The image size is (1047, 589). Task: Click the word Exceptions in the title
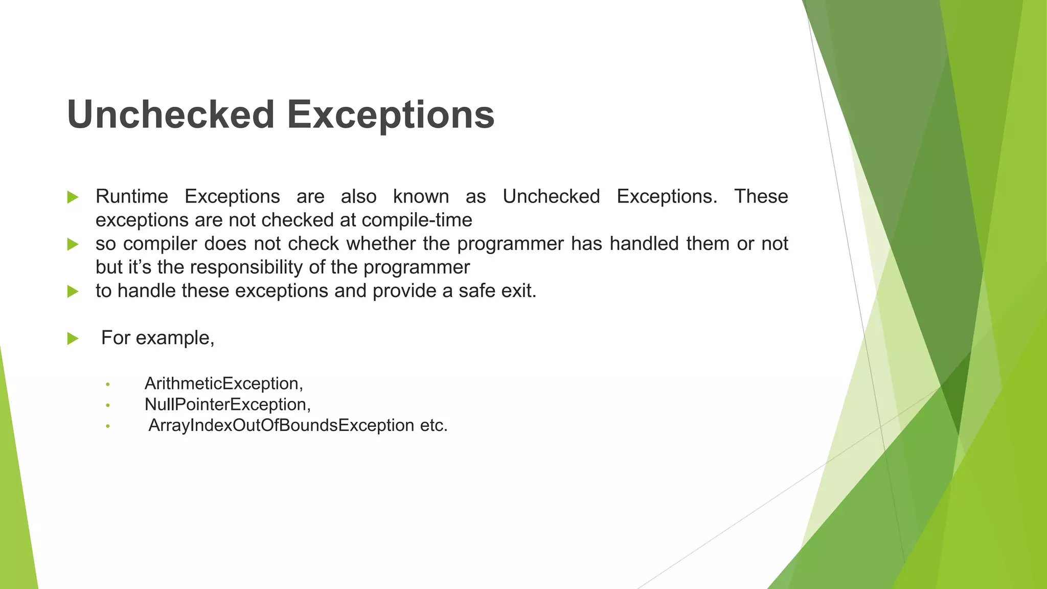point(391,115)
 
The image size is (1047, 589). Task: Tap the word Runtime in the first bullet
point(132,196)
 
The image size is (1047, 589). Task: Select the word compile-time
point(417,220)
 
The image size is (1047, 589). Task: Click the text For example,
point(157,338)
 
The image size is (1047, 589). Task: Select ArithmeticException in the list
point(223,383)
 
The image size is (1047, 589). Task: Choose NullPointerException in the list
point(226,404)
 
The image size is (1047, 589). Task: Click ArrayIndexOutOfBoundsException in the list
point(281,425)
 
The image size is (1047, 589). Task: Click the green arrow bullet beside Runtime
point(73,197)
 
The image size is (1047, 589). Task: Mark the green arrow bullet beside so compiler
point(73,244)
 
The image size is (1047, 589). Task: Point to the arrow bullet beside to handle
point(73,291)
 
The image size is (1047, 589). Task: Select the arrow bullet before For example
point(73,338)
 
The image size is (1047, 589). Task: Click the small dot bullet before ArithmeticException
point(108,384)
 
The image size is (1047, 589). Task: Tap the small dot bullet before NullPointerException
point(108,405)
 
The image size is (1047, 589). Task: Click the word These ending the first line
point(761,196)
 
